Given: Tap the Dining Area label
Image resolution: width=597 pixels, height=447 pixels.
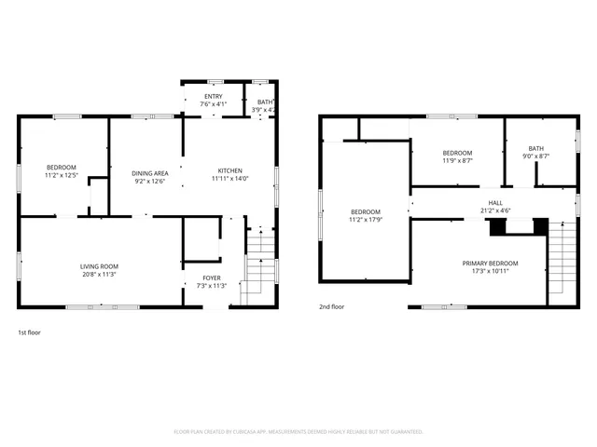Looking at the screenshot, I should [x=149, y=173].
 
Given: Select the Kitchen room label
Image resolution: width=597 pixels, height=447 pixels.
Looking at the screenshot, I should [x=230, y=170].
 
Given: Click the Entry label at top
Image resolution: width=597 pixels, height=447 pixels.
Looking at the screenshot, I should [x=214, y=96].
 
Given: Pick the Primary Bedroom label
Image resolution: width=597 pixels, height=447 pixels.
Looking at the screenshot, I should [x=490, y=264].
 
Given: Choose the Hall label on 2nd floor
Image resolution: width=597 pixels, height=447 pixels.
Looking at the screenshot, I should [x=494, y=202].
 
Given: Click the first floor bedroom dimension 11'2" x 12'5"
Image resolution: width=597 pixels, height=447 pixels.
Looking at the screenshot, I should [x=60, y=175].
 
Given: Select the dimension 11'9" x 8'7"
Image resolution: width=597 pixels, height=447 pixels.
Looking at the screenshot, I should [x=457, y=160].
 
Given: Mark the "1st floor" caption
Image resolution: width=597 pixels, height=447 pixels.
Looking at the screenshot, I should [x=29, y=332].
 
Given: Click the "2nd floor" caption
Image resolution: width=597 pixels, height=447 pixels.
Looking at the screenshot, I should [x=332, y=306].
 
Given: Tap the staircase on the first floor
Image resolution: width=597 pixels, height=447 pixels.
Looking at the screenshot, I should [x=258, y=265].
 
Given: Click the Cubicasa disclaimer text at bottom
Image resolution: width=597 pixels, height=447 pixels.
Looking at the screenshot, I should [x=298, y=432].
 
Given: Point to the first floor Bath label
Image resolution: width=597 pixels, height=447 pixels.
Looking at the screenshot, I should [x=265, y=102].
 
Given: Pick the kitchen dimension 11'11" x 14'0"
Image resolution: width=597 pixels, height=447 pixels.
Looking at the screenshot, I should [x=230, y=179].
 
